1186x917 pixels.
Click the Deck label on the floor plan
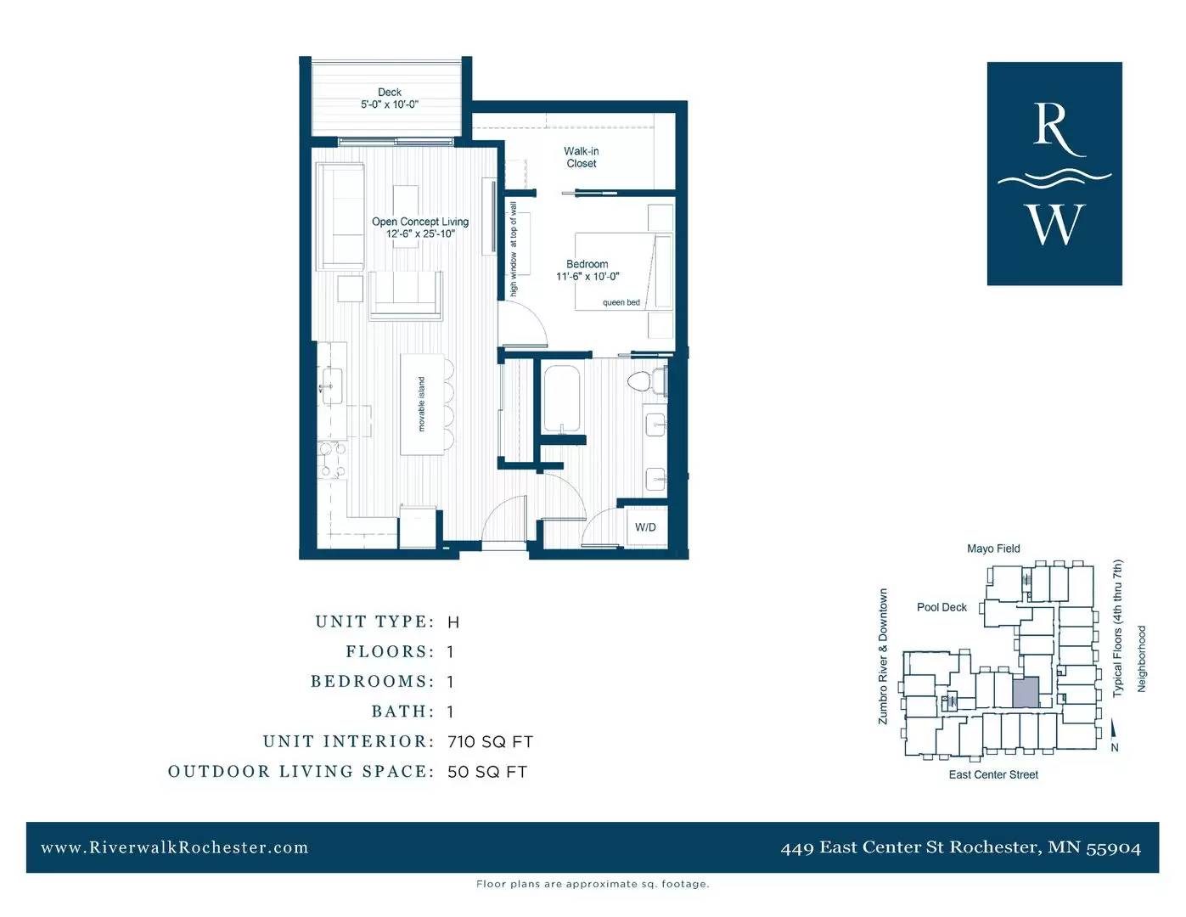389,93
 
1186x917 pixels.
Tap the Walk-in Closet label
582,157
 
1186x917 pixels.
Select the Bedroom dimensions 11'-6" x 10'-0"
587,277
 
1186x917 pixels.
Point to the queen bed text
621,302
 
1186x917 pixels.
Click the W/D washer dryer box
647,526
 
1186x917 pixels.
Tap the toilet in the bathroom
647,381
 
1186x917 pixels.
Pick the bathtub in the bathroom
562,399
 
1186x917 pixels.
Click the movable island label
421,404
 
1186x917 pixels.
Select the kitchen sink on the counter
332,385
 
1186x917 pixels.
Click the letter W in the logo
1057,224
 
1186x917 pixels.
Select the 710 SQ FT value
490,742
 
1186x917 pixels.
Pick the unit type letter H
453,622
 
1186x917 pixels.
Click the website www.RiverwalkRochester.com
175,847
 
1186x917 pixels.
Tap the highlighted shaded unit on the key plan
1026,692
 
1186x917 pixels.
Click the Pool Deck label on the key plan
941,608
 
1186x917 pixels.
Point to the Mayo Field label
993,549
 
